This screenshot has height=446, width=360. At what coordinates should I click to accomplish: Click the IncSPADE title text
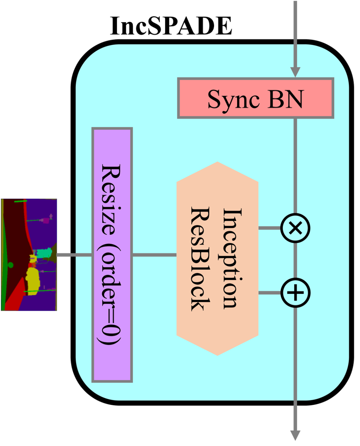point(171,26)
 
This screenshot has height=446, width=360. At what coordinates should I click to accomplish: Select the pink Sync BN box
point(256,98)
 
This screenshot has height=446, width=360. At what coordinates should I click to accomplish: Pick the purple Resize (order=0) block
point(112,254)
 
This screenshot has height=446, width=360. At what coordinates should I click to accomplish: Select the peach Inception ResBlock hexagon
point(217,258)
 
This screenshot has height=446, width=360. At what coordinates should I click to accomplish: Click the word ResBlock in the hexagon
point(200,258)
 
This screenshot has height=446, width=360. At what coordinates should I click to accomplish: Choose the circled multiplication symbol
point(295,228)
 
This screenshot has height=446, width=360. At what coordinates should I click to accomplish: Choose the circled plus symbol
point(295,293)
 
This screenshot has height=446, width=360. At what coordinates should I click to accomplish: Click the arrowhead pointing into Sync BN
point(295,72)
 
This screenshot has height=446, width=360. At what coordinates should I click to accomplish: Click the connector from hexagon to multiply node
point(270,228)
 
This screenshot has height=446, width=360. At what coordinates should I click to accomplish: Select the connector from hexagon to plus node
point(270,293)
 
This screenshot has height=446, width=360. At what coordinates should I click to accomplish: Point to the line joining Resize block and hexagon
point(155,255)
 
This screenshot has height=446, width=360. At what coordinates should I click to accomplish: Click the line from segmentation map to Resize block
point(74,255)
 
